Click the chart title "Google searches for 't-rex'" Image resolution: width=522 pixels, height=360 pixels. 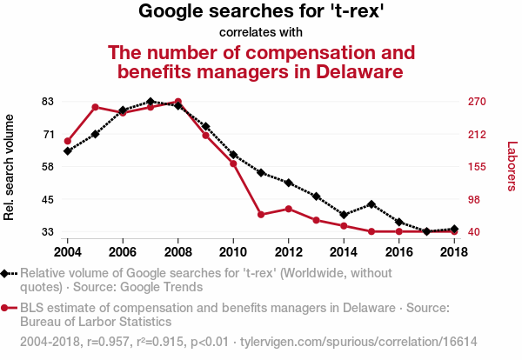261,12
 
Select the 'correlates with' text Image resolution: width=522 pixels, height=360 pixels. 261,33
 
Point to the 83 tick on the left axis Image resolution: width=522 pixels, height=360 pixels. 49,102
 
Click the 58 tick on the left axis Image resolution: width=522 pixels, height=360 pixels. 49,166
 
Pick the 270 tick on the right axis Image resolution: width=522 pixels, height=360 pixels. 476,102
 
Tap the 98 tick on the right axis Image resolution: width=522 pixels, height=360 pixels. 473,199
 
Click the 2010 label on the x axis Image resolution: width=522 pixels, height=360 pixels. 233,251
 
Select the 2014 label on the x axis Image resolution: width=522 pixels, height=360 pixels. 344,251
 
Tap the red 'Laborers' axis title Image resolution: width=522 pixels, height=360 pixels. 512,166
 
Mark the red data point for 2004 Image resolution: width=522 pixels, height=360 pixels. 68,141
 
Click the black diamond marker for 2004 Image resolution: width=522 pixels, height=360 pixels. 68,151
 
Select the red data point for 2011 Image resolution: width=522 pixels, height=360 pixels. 261,214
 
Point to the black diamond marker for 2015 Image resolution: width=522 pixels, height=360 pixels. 371,204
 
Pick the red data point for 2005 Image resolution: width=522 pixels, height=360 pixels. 95,107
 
